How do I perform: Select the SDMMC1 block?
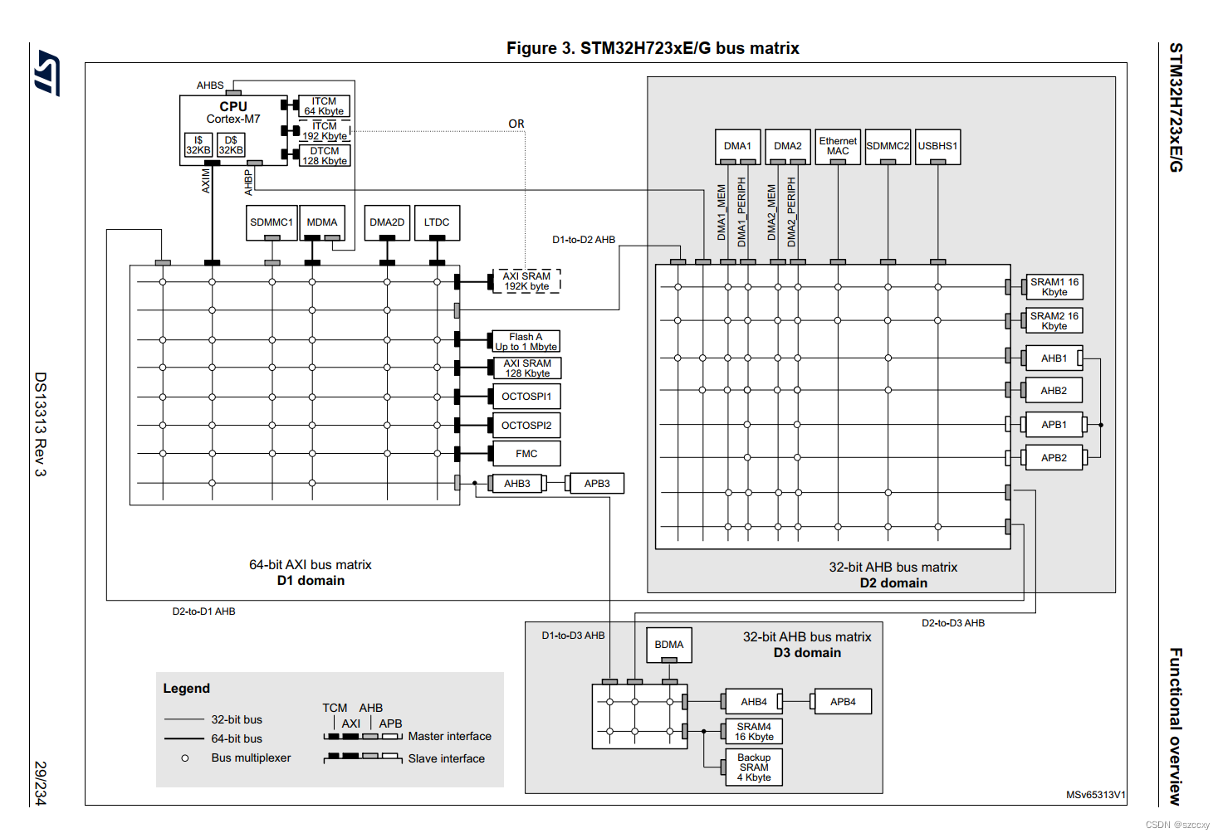pyautogui.click(x=272, y=222)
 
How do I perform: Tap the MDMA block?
pyautogui.click(x=322, y=222)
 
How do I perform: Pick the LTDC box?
pyautogui.click(x=437, y=222)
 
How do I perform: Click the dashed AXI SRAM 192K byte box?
pyautogui.click(x=526, y=281)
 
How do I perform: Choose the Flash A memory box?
pyautogui.click(x=526, y=342)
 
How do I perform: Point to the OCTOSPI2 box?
pyautogui.click(x=526, y=426)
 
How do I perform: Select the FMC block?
pyautogui.click(x=526, y=454)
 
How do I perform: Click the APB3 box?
pyautogui.click(x=597, y=484)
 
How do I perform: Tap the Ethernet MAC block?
pyautogui.click(x=838, y=146)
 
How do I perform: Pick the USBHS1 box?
pyautogui.click(x=937, y=146)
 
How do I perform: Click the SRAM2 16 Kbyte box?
pyautogui.click(x=1054, y=321)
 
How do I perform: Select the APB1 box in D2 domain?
pyautogui.click(x=1054, y=425)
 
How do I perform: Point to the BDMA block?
pyautogui.click(x=669, y=645)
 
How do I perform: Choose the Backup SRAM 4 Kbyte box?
pyautogui.click(x=754, y=767)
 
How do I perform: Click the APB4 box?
pyautogui.click(x=843, y=702)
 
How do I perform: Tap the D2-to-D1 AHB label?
pyautogui.click(x=203, y=611)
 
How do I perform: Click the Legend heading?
pyautogui.click(x=187, y=689)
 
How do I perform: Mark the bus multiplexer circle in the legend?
pyautogui.click(x=185, y=758)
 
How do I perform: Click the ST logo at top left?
pyautogui.click(x=47, y=73)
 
